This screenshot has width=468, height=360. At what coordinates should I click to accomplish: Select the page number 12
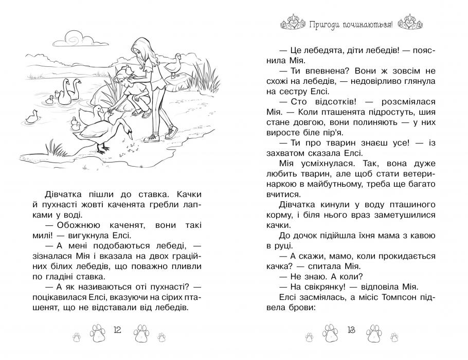tap(117, 329)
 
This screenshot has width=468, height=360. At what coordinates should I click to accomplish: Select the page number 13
tap(351, 329)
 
